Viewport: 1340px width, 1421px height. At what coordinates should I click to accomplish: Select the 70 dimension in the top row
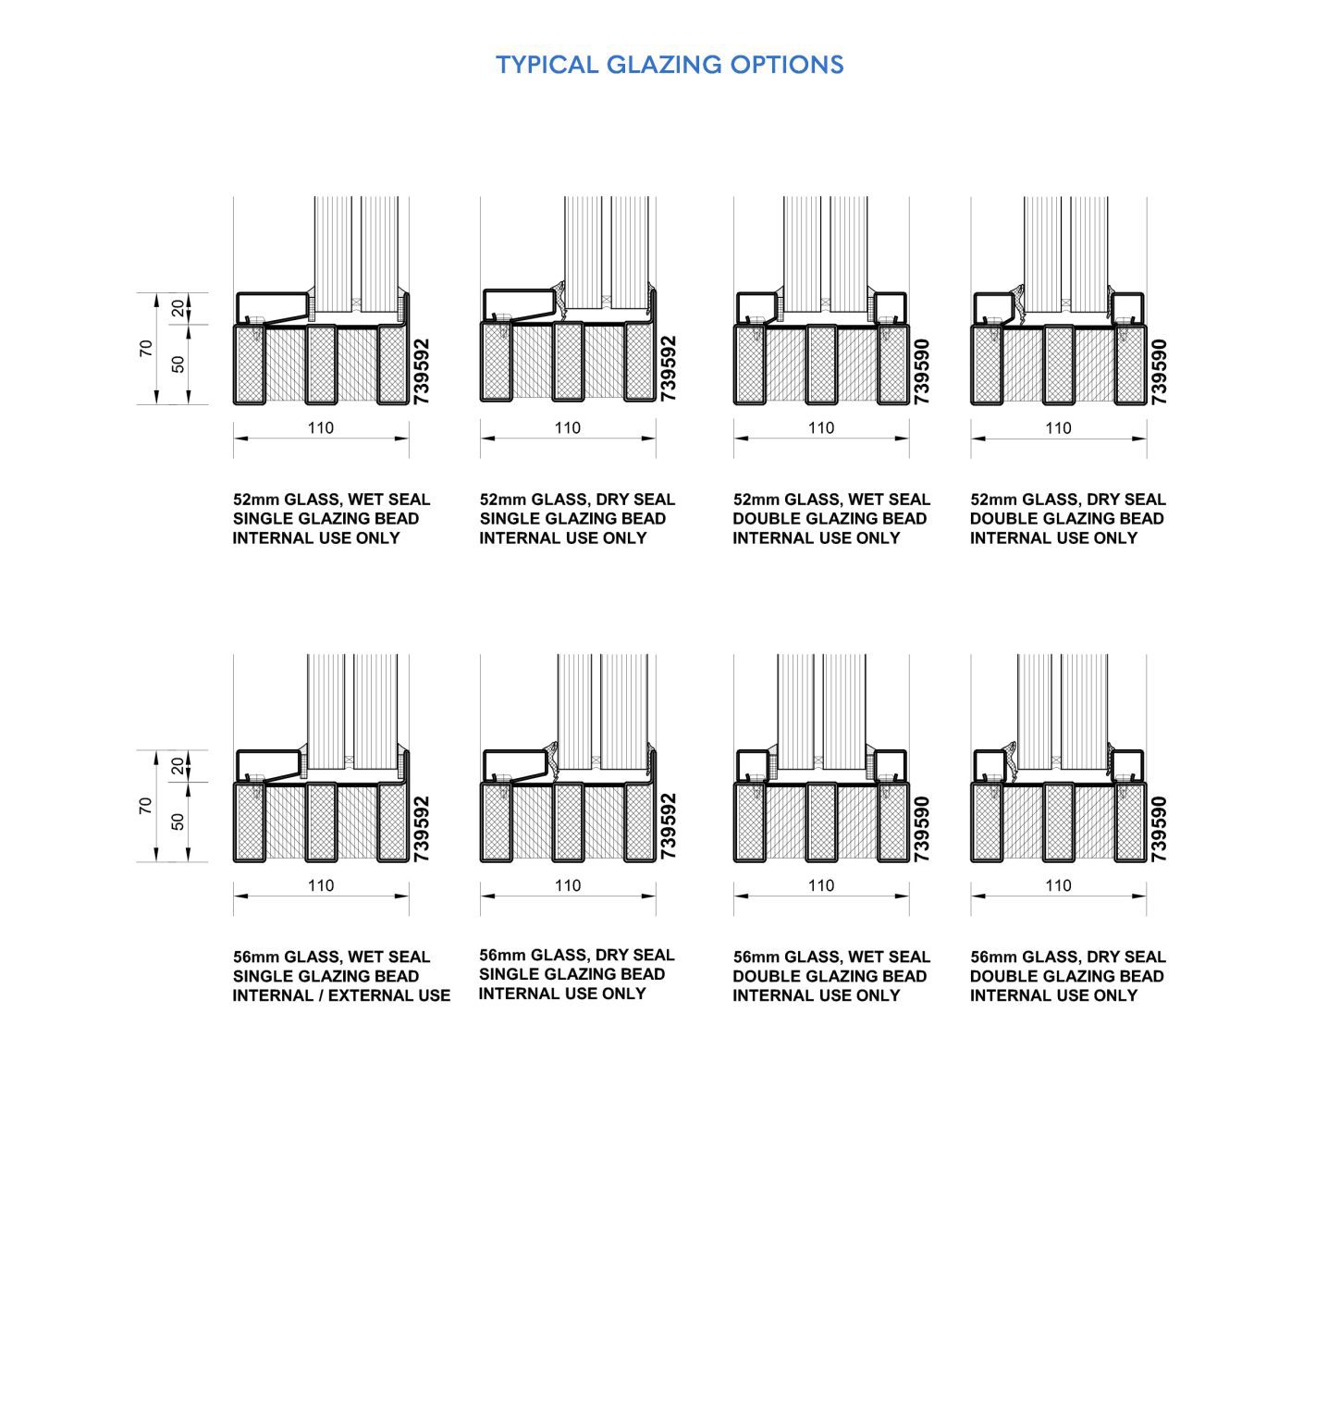coord(146,348)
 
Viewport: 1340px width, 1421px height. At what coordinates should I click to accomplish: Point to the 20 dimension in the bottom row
coord(178,766)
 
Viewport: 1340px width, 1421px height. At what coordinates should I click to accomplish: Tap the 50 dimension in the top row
coord(178,364)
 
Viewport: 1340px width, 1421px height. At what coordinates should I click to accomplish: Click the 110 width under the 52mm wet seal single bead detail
coord(320,428)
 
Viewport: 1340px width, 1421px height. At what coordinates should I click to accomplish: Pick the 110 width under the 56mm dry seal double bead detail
coord(1058,885)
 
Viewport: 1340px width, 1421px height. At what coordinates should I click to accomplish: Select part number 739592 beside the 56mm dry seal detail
coord(669,826)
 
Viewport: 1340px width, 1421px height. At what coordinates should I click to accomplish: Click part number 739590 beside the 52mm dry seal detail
coord(1160,371)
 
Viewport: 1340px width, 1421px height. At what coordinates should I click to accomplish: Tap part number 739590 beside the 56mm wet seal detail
coord(922,829)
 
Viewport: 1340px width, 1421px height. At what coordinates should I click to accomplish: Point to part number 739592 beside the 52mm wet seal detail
coord(422,371)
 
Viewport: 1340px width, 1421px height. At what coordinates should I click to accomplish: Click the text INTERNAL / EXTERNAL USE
coord(341,995)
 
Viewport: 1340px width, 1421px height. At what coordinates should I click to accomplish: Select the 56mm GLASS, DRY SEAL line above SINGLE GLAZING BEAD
coord(576,955)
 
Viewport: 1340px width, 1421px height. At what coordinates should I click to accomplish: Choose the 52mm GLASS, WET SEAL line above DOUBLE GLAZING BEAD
coord(830,500)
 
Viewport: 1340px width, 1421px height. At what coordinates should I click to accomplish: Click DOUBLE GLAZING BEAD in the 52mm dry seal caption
coord(1066,519)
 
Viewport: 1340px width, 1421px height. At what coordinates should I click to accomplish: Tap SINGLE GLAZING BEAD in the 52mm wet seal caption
coord(326,519)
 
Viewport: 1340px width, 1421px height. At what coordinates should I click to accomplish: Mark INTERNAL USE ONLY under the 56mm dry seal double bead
coord(1053,995)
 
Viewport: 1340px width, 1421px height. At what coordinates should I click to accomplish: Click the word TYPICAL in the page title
coord(547,65)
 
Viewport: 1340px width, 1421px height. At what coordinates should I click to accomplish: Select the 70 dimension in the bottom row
coord(146,806)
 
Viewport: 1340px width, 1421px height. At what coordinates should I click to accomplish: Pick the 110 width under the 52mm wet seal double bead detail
coord(821,428)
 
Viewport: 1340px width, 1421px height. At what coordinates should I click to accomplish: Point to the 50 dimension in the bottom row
coord(178,822)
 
